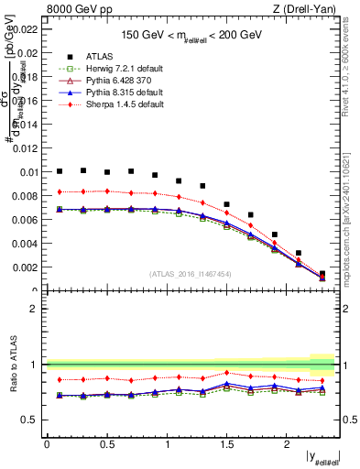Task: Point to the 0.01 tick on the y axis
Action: click(28, 172)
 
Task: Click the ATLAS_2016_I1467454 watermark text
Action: click(191, 274)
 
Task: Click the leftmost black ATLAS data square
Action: click(60, 170)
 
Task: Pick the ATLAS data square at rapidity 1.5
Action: click(227, 204)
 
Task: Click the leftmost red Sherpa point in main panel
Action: click(60, 191)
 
